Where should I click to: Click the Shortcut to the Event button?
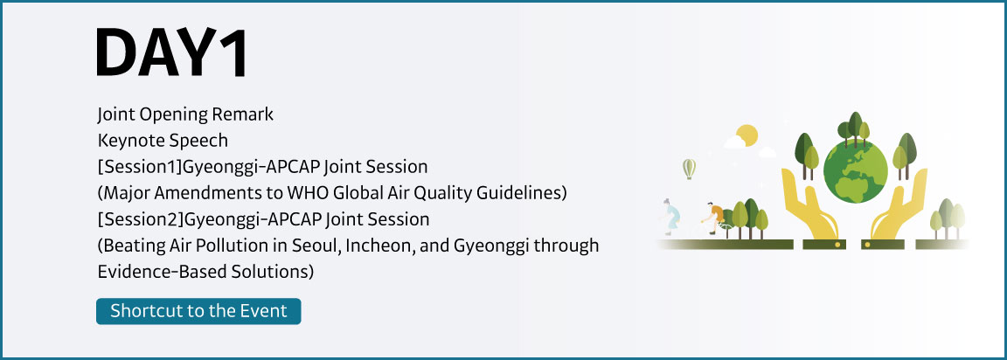coord(198,311)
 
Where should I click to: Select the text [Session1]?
coord(140,167)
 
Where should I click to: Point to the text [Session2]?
coord(141,219)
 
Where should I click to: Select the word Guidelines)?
coord(531,193)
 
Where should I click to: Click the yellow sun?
coord(747,135)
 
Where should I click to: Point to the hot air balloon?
coord(689,169)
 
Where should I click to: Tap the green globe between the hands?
coord(855,170)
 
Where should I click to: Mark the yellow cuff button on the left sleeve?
coord(837,245)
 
